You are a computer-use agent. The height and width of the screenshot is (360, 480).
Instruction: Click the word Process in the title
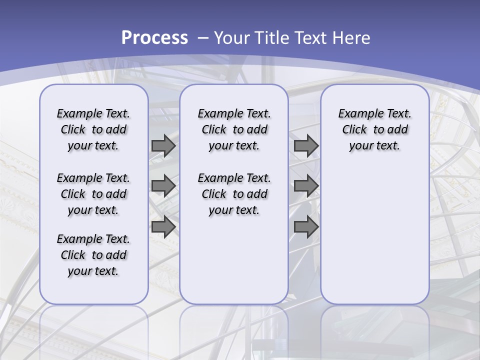[154, 37]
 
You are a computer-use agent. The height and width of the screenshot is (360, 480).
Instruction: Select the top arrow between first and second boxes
[163, 145]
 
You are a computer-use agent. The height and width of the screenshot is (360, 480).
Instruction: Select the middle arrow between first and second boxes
[163, 186]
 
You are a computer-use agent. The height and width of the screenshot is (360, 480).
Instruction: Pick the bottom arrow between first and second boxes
[163, 226]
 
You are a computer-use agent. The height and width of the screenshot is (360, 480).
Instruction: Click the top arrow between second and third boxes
[306, 145]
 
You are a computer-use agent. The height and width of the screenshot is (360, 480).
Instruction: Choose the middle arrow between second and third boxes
[306, 186]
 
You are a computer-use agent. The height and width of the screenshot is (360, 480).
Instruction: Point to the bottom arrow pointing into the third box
[306, 226]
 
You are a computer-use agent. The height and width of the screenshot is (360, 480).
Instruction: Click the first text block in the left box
[93, 129]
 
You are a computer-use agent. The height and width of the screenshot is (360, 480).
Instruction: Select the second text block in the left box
[93, 194]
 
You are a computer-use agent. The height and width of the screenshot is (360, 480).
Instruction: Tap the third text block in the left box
[93, 255]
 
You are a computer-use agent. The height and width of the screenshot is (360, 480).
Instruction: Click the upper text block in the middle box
[234, 129]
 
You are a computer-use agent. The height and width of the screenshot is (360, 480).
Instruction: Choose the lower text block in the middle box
[234, 194]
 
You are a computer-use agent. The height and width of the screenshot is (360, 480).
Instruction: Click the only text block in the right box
[374, 129]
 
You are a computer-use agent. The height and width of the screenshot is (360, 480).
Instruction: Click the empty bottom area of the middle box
[234, 265]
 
